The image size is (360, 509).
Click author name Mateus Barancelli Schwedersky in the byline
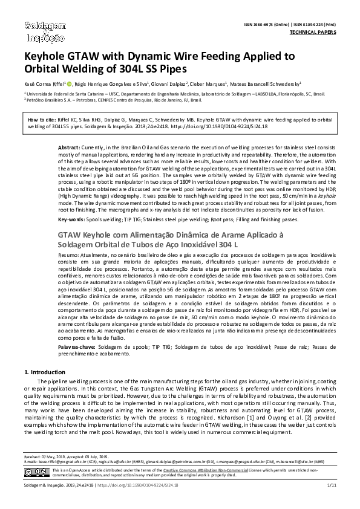[x=266, y=85]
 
